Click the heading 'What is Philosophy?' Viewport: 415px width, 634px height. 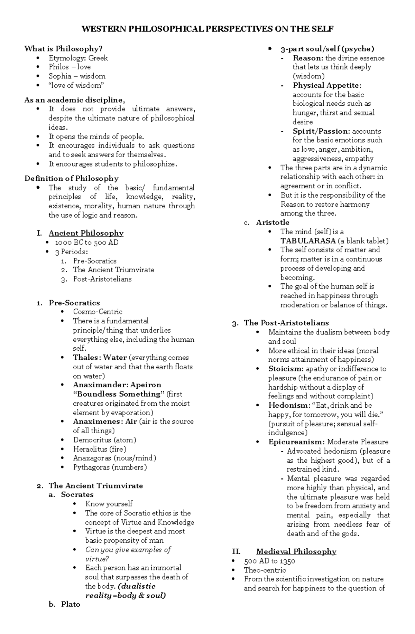(x=63, y=49)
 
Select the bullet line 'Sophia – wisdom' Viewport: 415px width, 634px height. (x=77, y=76)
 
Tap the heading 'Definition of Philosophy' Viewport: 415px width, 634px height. (x=71, y=179)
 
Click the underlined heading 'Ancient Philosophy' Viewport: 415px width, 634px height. (x=86, y=233)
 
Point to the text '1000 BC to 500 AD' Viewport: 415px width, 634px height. (x=86, y=243)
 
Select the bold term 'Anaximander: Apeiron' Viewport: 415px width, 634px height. (x=117, y=385)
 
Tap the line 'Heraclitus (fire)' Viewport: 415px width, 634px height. (x=100, y=449)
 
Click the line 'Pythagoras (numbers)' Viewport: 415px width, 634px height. (x=110, y=467)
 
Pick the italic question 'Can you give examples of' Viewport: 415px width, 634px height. (x=128, y=550)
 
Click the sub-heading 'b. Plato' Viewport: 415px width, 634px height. (x=70, y=604)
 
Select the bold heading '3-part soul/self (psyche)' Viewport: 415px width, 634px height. (x=327, y=49)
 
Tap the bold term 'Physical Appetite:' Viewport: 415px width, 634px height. (x=327, y=85)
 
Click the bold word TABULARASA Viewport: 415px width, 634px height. (x=308, y=241)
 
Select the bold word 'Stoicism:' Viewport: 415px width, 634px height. (x=286, y=369)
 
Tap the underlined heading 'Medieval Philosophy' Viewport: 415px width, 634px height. (x=296, y=552)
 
